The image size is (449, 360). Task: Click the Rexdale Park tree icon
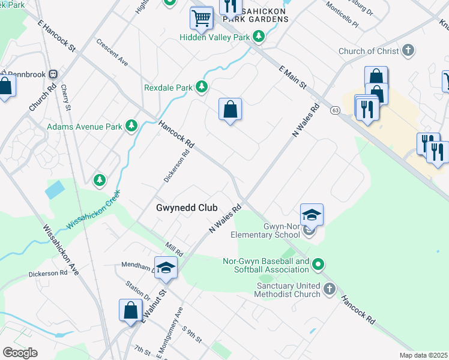point(202,88)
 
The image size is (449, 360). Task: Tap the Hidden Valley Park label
point(214,37)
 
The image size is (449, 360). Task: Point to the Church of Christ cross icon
point(408,50)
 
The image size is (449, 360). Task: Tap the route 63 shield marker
point(335,110)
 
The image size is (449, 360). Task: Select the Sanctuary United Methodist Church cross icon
point(329,290)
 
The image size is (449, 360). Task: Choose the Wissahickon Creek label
point(94,209)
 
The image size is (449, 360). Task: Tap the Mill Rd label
point(175,247)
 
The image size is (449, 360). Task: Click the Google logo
point(20,353)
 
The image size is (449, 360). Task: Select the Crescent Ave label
point(112,53)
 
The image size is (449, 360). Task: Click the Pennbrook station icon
point(53,74)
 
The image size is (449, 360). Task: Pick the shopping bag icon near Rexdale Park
point(230,109)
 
